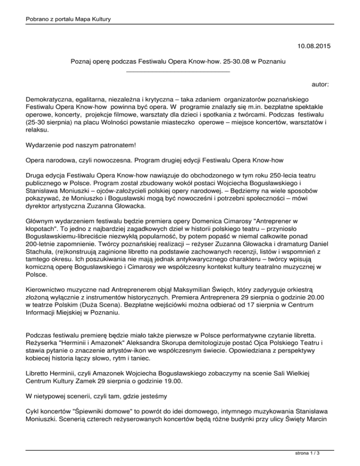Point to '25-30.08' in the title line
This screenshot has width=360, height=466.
tap(229, 61)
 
